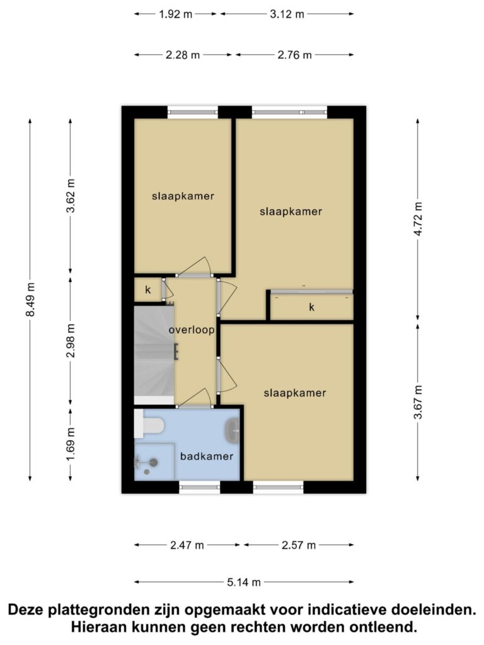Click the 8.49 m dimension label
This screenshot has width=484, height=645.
coord(30,299)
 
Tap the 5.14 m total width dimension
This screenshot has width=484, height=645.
coord(244,582)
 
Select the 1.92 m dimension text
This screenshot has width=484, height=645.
coord(176,14)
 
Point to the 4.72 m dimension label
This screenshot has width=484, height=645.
coord(418,219)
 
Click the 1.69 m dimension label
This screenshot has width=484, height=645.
coord(71,445)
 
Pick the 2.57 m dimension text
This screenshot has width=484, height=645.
coord(299,545)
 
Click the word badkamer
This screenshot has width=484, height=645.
coord(207,456)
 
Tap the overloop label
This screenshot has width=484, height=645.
coord(192,330)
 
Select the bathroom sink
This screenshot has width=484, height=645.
coord(233,431)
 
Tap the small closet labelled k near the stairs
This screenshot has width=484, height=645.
coord(147,290)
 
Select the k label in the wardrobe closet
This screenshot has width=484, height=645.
coord(312,307)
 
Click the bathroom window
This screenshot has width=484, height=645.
coord(200,487)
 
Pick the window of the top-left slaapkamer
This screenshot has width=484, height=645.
coord(193,112)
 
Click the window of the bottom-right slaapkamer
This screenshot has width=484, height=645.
coord(278,487)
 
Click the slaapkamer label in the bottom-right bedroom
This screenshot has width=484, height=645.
coord(295,393)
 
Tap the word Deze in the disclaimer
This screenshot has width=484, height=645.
coord(25,610)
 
